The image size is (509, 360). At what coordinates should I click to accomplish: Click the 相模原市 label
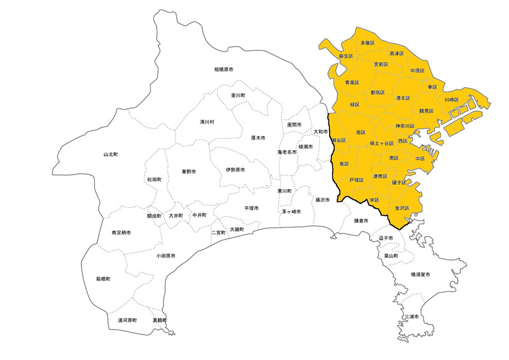(223, 69)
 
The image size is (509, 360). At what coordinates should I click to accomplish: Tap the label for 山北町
(111, 155)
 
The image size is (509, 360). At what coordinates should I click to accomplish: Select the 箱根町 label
(103, 279)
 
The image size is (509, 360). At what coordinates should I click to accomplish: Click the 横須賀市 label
(421, 274)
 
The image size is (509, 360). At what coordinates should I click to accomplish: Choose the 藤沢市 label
(322, 200)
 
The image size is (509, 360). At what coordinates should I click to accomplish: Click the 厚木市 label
(258, 137)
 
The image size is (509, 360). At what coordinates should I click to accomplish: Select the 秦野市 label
(188, 172)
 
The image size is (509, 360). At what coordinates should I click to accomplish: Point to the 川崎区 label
(451, 100)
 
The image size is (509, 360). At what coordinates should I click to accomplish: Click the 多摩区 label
(368, 43)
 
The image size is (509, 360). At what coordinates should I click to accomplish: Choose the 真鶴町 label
(159, 320)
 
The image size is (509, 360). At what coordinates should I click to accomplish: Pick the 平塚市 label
(251, 208)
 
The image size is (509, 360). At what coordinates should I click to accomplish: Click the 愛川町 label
(238, 95)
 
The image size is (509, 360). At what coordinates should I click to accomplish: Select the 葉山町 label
(391, 256)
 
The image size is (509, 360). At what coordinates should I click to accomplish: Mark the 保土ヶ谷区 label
(381, 144)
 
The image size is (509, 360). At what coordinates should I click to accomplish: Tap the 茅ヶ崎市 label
(293, 211)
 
